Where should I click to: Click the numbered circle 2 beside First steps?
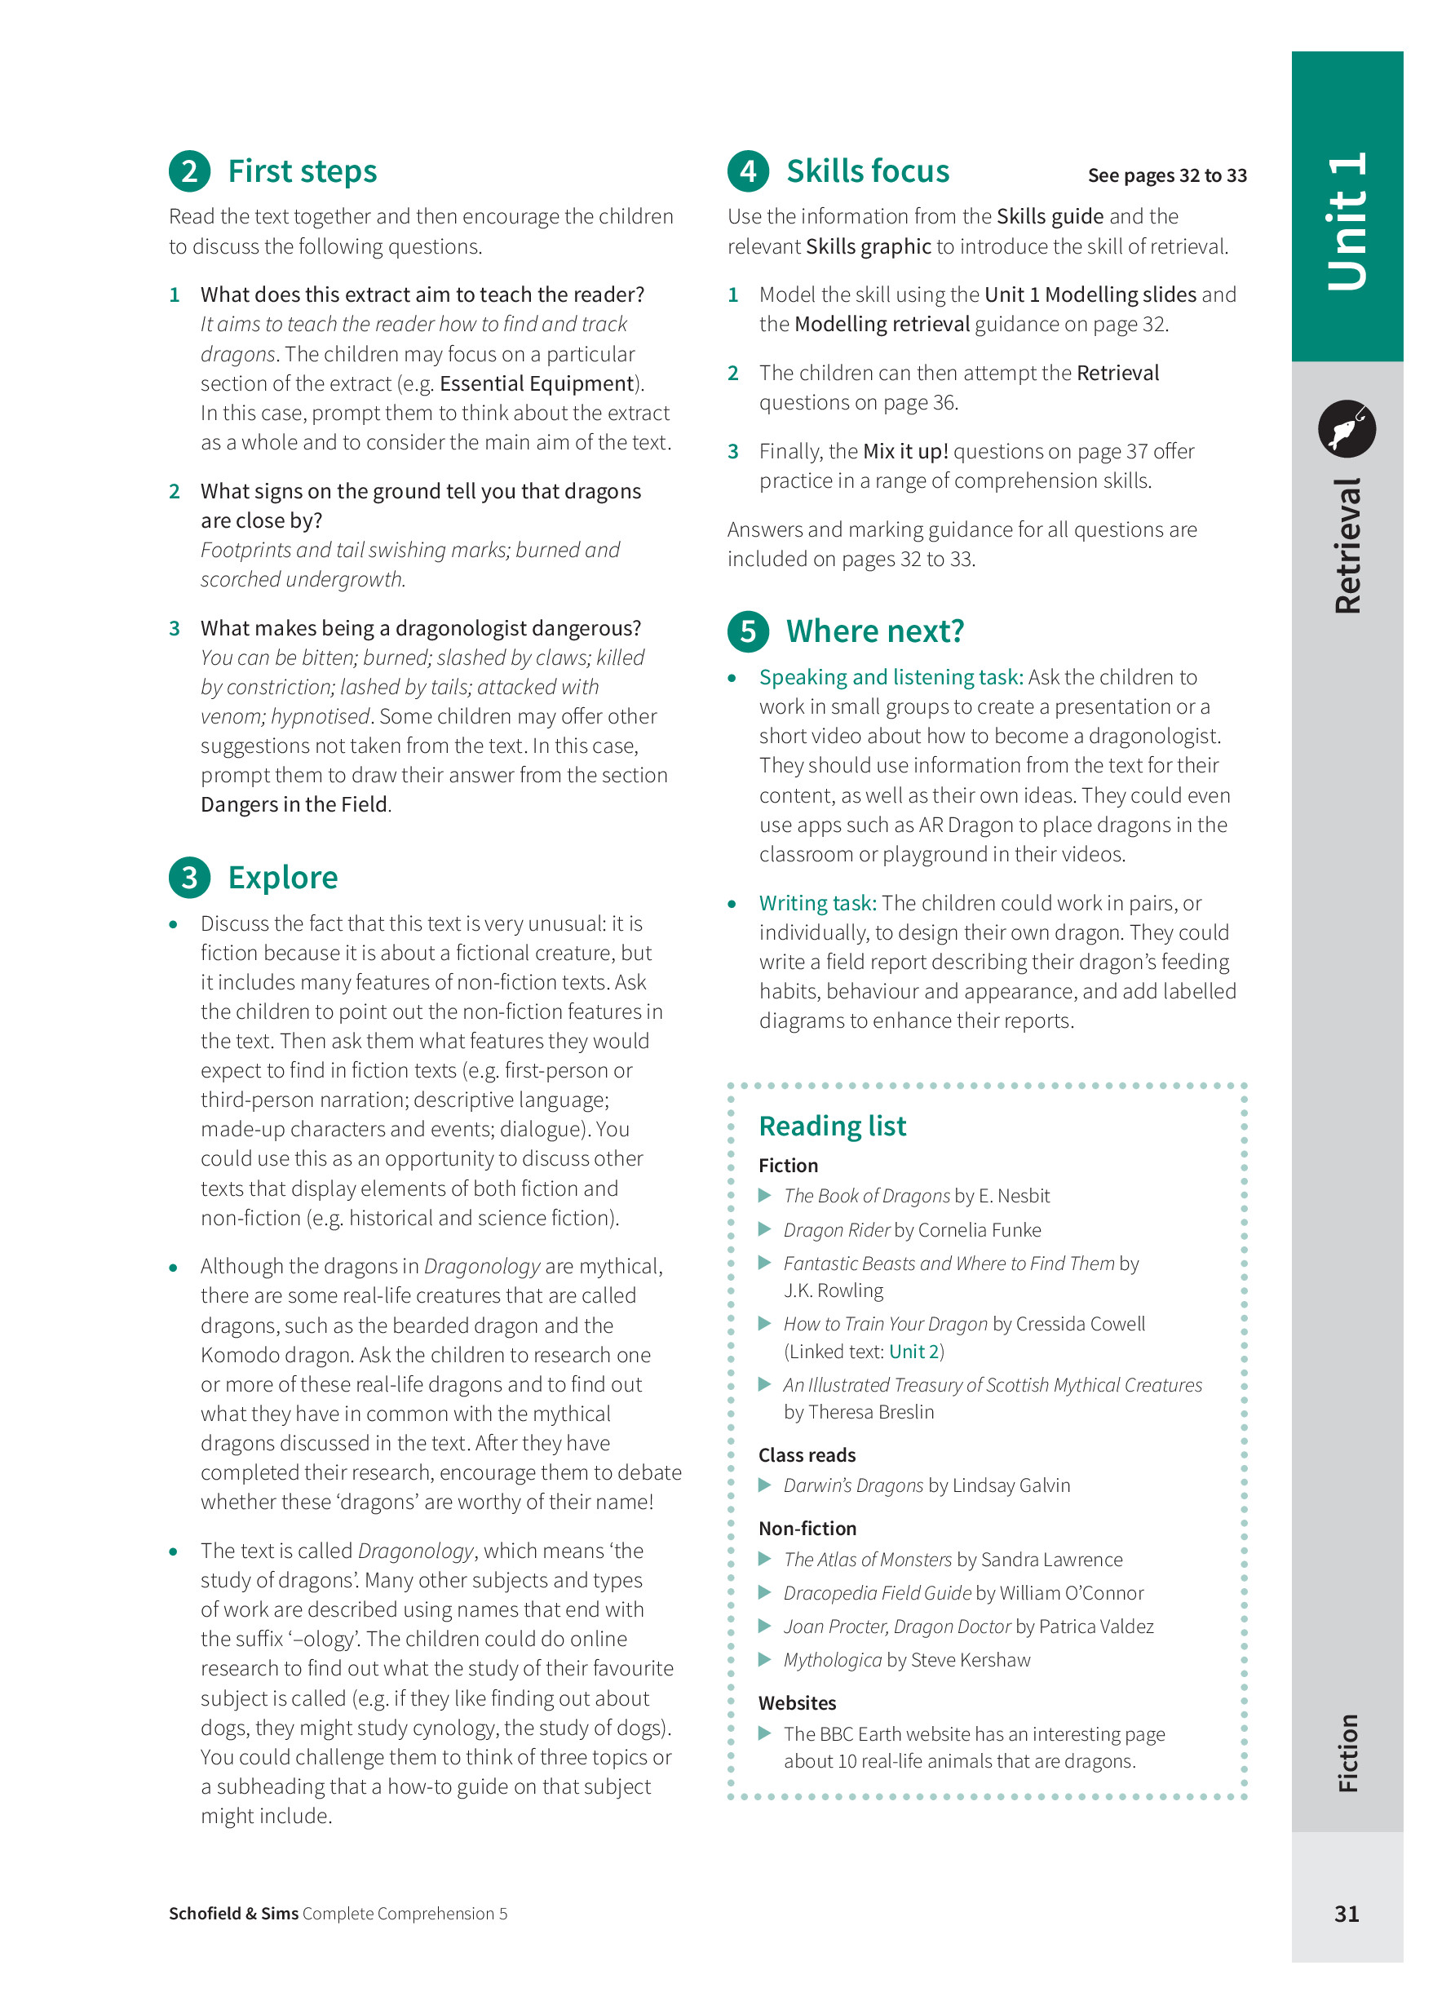coord(189,171)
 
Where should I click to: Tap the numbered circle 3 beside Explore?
coord(189,878)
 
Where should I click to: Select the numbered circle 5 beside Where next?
coord(747,631)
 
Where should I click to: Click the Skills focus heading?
coord(866,171)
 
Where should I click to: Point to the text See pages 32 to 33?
coord(1166,176)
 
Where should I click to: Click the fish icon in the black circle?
coord(1346,429)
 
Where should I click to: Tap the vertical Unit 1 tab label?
coord(1347,222)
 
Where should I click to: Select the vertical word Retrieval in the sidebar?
coord(1347,547)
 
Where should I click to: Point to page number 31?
coord(1346,1914)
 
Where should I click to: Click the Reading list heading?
coord(832,1126)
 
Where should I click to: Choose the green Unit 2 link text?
coord(913,1352)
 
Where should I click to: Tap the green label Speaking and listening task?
coord(891,678)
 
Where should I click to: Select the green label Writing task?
coord(816,903)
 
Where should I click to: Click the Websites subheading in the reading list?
coord(796,1703)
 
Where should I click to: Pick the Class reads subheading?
coord(806,1455)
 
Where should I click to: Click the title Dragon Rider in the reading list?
coord(836,1230)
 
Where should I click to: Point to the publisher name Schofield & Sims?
coord(233,1914)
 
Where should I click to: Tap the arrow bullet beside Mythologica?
coord(764,1660)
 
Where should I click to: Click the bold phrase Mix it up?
coord(904,452)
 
